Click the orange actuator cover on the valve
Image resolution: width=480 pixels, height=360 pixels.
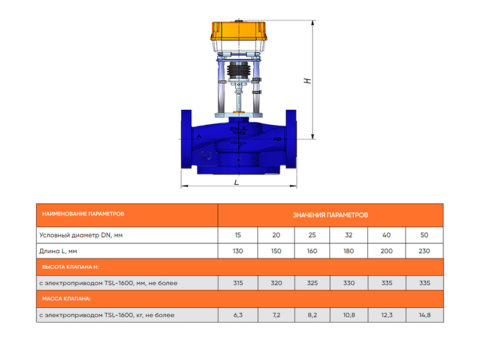(x=238, y=31)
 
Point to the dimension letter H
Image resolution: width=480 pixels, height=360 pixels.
(x=307, y=81)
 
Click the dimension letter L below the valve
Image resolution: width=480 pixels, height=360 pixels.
(x=236, y=183)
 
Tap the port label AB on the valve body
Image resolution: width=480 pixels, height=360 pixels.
(x=277, y=139)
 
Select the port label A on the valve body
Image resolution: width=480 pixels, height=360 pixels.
(x=199, y=136)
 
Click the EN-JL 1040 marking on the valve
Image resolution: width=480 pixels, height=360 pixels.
(x=238, y=131)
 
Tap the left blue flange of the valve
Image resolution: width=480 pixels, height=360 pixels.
(x=187, y=139)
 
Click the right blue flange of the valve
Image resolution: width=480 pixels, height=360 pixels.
(x=291, y=139)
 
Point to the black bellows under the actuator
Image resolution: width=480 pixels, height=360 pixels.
(x=238, y=70)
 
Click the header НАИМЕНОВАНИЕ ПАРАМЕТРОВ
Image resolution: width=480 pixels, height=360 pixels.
(x=83, y=214)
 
